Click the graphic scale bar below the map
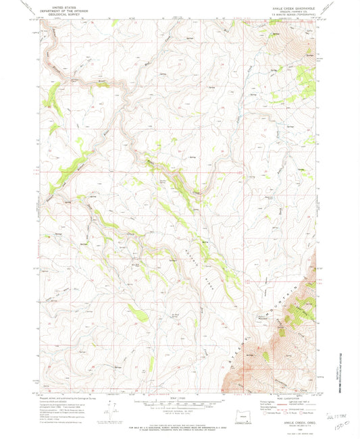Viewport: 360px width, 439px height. [x=178, y=403]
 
